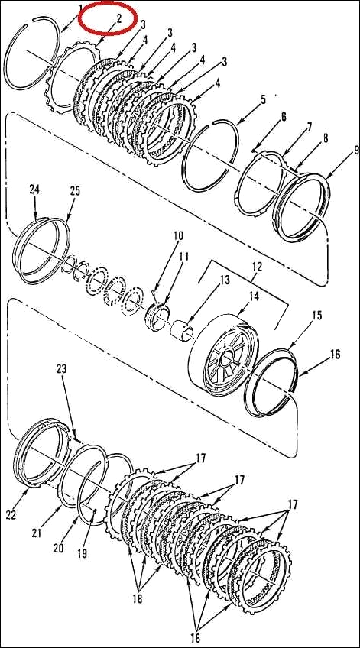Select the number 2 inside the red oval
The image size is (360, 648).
118,17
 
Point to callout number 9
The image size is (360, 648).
334,150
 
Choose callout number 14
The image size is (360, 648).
254,295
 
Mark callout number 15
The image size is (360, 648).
316,315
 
